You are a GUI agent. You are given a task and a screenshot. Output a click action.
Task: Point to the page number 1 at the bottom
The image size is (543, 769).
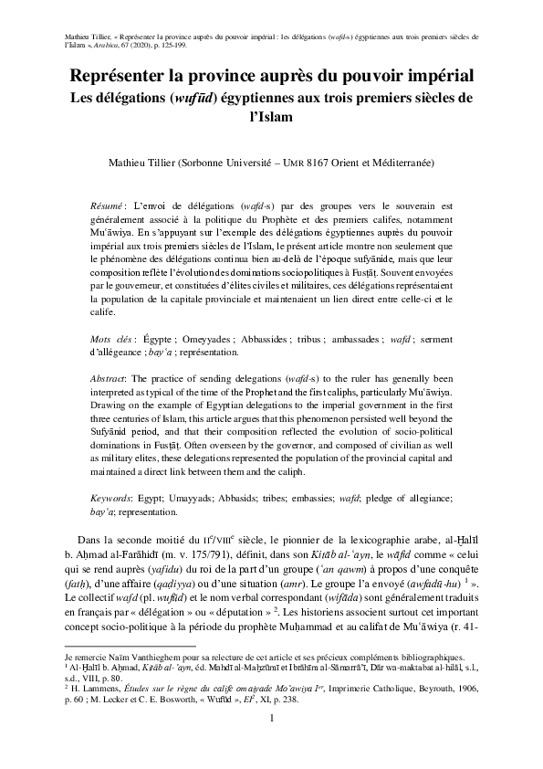click(271, 744)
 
